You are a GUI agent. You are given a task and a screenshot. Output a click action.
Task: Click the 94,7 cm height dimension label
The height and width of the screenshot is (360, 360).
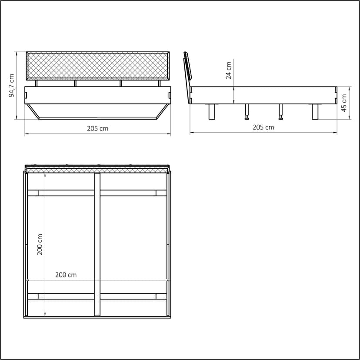11,85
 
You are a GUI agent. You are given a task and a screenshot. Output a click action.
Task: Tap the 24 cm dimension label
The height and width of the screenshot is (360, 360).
228,70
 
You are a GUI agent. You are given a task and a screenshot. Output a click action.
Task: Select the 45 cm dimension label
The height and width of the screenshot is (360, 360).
344,103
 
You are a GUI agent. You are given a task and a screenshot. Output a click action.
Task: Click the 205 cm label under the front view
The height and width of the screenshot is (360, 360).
97,128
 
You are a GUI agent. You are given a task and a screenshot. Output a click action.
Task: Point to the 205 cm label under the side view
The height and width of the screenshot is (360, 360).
263,127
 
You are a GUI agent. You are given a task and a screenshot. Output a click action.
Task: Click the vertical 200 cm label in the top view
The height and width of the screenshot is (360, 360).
40,244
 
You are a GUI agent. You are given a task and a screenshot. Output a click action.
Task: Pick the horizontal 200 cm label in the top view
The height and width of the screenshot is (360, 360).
66,275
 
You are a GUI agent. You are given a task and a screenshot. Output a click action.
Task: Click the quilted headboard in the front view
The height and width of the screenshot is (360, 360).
98,66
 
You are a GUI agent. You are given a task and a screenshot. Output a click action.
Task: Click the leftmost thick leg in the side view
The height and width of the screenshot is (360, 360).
212,112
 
